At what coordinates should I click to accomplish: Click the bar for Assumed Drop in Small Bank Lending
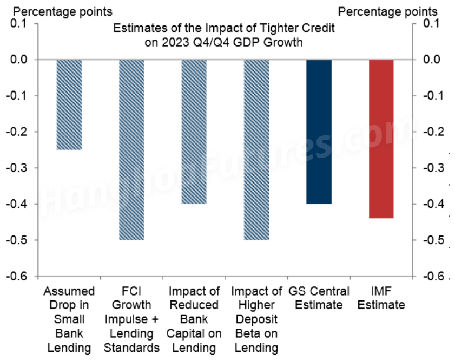pos(69,104)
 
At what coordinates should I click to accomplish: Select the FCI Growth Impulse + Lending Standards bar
pos(131,149)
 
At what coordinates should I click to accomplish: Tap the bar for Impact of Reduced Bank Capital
pos(194,132)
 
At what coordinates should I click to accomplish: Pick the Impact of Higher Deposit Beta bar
pos(256,149)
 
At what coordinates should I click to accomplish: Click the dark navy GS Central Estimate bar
pos(319,132)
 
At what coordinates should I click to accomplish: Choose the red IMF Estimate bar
pos(381,139)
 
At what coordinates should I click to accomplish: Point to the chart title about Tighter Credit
pos(227,34)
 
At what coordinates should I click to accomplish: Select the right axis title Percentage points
pos(388,11)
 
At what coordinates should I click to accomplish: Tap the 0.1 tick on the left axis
pos(25,23)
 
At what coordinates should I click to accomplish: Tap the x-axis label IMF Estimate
pos(381,298)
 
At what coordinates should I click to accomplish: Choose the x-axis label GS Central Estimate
pos(319,298)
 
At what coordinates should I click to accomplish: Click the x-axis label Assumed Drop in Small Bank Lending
pos(69,319)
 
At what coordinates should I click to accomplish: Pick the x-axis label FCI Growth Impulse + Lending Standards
pos(131,319)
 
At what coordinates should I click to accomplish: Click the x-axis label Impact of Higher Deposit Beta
pos(256,319)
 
